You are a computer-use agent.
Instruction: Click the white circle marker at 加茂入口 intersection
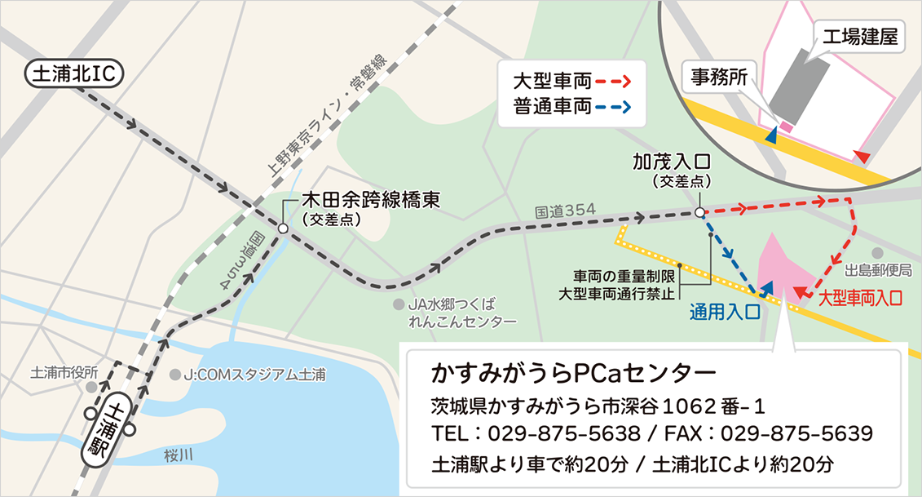(x=699, y=212)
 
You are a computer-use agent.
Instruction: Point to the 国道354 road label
(x=565, y=211)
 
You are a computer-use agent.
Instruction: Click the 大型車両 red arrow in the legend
(x=613, y=82)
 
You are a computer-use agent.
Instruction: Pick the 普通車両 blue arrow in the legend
(x=613, y=106)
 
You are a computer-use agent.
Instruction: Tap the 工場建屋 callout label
(x=859, y=37)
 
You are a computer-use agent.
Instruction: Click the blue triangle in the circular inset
(x=770, y=140)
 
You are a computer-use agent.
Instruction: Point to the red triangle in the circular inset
(x=862, y=155)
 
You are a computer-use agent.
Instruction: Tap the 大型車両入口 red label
(x=859, y=299)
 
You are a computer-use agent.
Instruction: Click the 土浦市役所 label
(x=64, y=373)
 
